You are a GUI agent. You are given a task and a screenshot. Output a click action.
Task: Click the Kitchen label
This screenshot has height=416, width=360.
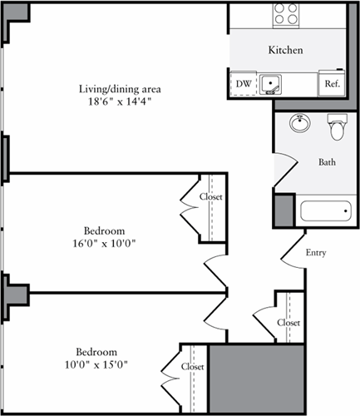coord(285,50)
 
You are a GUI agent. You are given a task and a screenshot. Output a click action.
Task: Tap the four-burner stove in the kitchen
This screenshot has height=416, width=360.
coord(286,15)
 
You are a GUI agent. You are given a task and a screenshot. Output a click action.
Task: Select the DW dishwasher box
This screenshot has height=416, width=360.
coord(244,84)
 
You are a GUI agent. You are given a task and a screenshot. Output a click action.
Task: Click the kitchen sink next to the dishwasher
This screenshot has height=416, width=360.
coord(270,84)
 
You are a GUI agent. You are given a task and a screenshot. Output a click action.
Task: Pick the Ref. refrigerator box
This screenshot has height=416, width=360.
coord(332,83)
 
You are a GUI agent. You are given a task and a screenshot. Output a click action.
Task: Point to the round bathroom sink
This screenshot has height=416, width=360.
coord(300,123)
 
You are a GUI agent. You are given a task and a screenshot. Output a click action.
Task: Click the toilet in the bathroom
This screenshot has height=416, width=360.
coord(338,127)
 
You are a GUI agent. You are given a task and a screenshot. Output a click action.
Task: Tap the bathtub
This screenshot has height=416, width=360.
coord(326,211)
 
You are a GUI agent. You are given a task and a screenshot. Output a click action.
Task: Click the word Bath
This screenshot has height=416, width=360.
coord(327,162)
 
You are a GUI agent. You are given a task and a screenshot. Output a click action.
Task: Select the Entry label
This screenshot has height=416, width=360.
coord(316,253)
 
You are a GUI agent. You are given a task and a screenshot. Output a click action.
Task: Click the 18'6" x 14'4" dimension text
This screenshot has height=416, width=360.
coord(120,102)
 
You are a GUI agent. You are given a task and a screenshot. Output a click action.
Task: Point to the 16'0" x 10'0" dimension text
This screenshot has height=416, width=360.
coord(104,244)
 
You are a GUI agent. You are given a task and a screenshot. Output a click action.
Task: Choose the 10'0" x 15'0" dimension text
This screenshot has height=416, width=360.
coord(96,364)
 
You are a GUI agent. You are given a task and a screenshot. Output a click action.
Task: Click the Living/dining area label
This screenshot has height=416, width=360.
coord(120,89)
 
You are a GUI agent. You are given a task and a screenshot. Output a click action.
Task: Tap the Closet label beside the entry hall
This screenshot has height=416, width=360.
coord(288,323)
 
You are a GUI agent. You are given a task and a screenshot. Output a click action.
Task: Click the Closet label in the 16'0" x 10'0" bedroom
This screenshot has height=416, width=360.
coord(211,196)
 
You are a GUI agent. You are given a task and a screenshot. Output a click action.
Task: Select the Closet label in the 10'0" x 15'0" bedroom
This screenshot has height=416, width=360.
coord(193,367)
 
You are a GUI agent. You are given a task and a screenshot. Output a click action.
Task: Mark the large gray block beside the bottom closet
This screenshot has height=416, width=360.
coord(257,379)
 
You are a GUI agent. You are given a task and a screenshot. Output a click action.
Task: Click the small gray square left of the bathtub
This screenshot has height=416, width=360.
coord(284,210)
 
